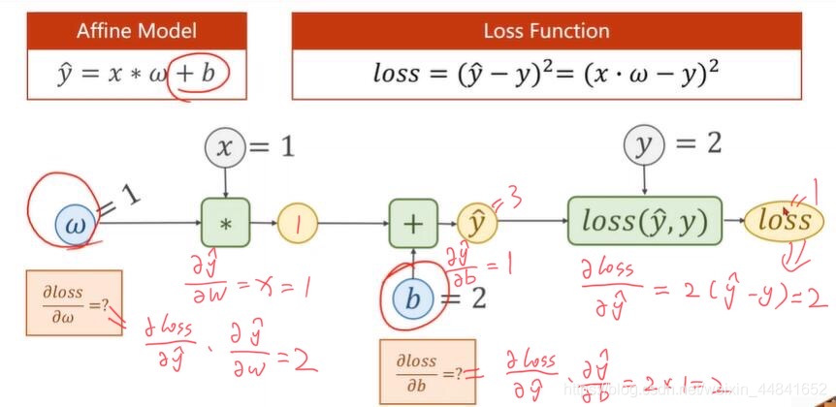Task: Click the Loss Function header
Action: pos(546,31)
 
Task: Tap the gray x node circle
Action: pos(225,147)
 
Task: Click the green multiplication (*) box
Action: pos(225,224)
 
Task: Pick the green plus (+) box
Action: pos(413,224)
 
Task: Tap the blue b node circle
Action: pos(413,298)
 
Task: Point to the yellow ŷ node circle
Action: pos(476,224)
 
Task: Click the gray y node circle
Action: pos(642,145)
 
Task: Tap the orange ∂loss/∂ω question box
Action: pos(75,302)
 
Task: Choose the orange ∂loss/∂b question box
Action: pos(427,370)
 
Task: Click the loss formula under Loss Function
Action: pos(546,73)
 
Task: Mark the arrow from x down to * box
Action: pos(225,182)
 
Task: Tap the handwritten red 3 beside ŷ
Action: pos(512,200)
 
